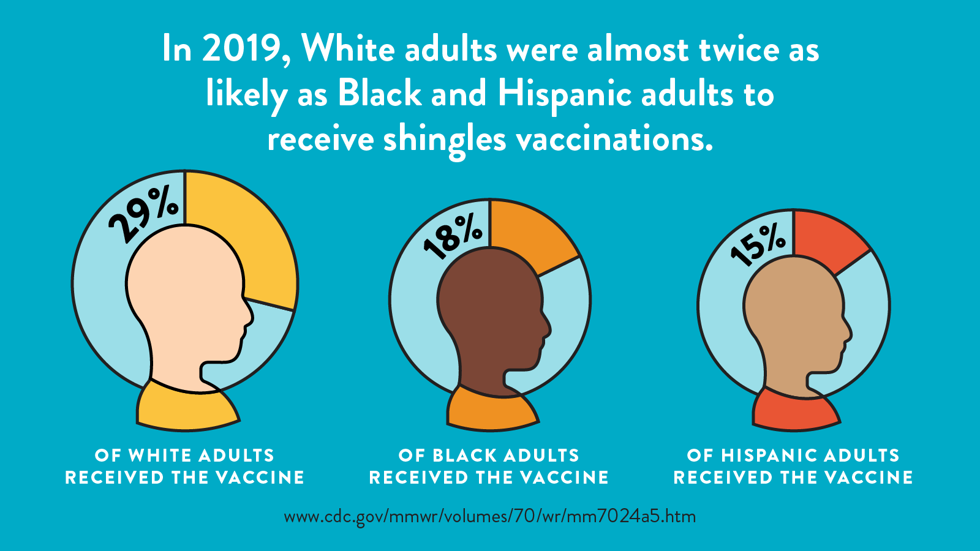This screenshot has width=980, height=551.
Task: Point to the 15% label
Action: [758, 246]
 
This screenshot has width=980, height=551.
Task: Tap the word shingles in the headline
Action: [445, 140]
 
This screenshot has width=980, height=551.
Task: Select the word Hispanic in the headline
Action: [564, 95]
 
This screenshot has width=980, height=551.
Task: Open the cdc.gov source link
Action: [490, 516]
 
